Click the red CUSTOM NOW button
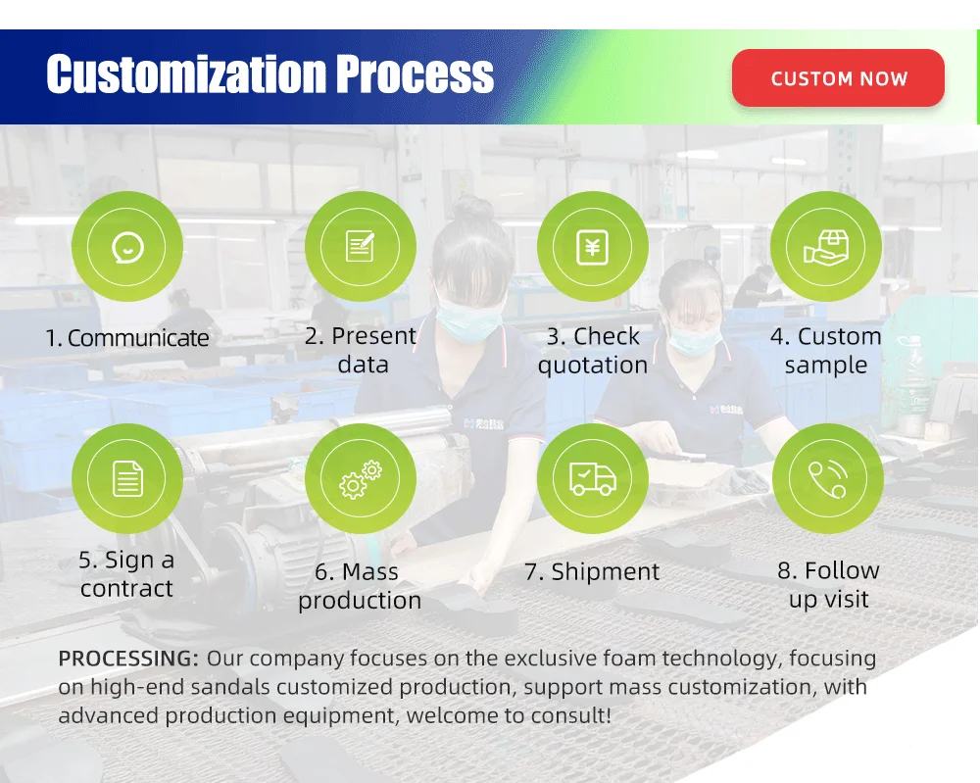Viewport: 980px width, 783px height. coord(838,78)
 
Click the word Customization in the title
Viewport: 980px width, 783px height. coord(186,73)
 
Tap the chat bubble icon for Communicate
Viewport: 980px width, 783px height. coord(127,247)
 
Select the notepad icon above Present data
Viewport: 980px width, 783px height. coord(360,246)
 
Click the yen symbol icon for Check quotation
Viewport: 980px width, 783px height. coord(592,248)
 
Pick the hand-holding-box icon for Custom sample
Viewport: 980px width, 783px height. coord(825,247)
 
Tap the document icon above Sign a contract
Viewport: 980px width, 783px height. coord(127,478)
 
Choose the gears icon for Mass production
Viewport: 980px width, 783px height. coord(361,479)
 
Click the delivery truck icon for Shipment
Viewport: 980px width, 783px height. coord(593,479)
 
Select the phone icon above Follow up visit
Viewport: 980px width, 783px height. coord(828,479)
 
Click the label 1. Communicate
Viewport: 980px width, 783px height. coord(127,338)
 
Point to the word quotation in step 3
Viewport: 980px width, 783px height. coord(593,366)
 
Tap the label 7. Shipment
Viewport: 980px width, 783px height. coord(592,571)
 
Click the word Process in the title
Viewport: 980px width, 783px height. coord(415,73)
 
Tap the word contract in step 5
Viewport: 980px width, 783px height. coord(126,589)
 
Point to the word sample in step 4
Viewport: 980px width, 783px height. coord(825,366)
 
